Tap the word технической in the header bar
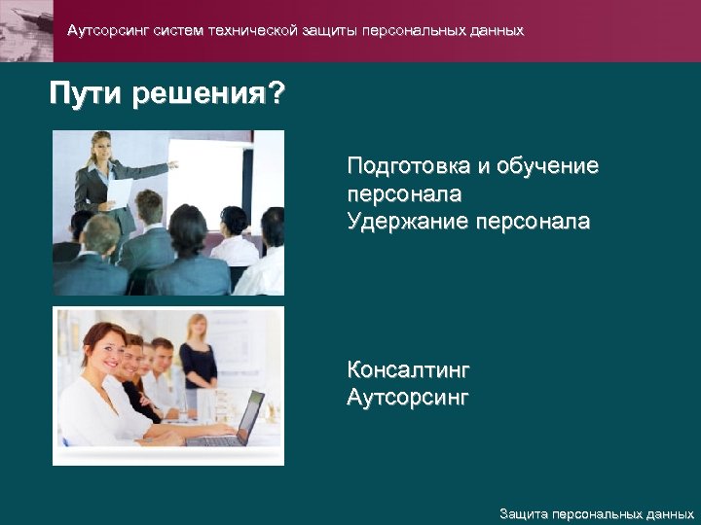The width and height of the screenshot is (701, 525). [x=250, y=31]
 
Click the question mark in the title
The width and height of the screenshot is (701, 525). [x=277, y=95]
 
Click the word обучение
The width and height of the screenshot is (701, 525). [x=547, y=166]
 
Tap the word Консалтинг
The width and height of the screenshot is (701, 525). [x=408, y=370]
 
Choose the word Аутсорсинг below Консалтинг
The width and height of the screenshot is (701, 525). [x=408, y=398]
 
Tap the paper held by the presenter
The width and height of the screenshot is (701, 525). [x=120, y=189]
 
